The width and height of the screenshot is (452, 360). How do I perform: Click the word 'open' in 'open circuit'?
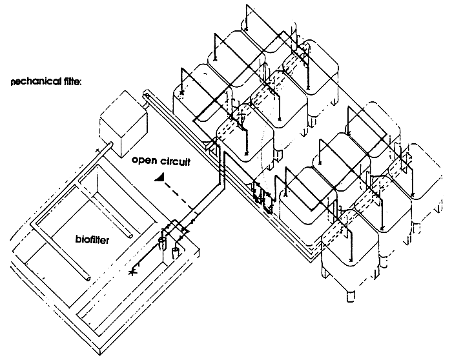click(143, 161)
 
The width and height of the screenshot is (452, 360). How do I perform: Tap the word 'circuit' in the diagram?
click(174, 161)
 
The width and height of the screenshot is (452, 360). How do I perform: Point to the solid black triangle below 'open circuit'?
click(160, 177)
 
